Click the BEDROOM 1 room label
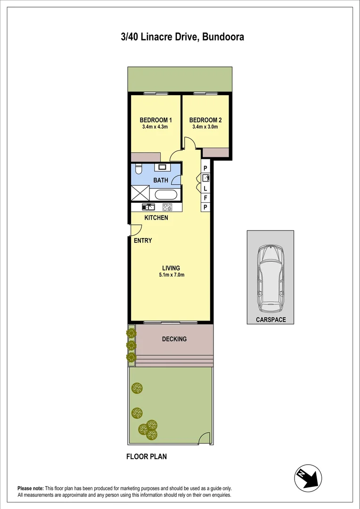coord(155,120)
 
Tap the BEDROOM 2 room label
coord(205,120)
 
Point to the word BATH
coord(161,180)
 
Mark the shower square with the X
coord(140,194)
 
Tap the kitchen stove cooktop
coord(167,206)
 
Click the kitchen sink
coord(148,206)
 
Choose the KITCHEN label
coord(156,218)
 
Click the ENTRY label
coord(143,240)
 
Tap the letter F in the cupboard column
coord(205,197)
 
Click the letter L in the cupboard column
coord(205,188)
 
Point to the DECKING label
coord(174,339)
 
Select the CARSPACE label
coord(270,320)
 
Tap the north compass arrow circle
coord(308,479)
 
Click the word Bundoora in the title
coord(222,37)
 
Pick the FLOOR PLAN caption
coord(147,456)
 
